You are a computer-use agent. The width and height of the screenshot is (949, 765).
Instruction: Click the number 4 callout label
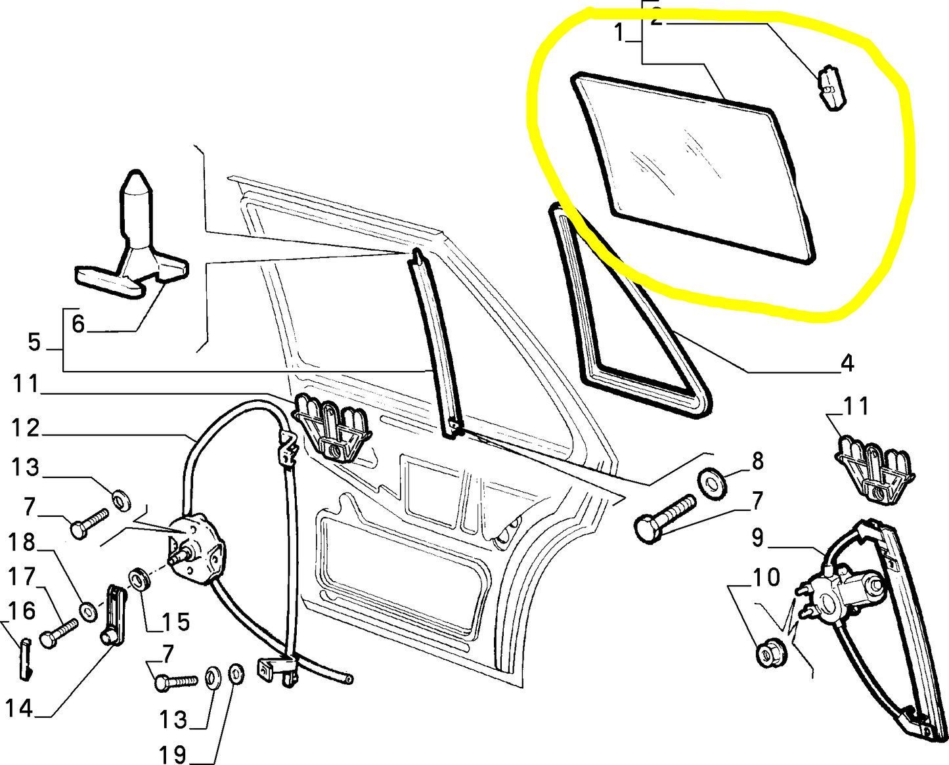(x=847, y=362)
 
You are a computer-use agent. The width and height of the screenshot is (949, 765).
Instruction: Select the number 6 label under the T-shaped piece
(x=78, y=324)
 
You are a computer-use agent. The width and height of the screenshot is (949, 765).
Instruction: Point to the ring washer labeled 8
(x=711, y=481)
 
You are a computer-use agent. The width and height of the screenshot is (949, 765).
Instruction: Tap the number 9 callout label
(x=758, y=538)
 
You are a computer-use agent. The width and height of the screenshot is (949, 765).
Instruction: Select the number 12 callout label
(x=26, y=428)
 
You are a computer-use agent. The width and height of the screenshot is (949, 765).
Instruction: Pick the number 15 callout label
(x=175, y=621)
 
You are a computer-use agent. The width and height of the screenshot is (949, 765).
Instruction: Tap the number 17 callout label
(x=22, y=577)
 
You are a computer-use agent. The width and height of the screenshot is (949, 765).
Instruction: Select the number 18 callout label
(x=22, y=543)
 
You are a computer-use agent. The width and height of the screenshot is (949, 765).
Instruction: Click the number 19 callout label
(x=173, y=754)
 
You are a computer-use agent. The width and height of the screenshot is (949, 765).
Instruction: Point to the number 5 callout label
(x=35, y=342)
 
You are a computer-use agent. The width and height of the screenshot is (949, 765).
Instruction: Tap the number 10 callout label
(x=766, y=578)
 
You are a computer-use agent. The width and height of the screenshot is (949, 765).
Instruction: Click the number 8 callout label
(x=758, y=461)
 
